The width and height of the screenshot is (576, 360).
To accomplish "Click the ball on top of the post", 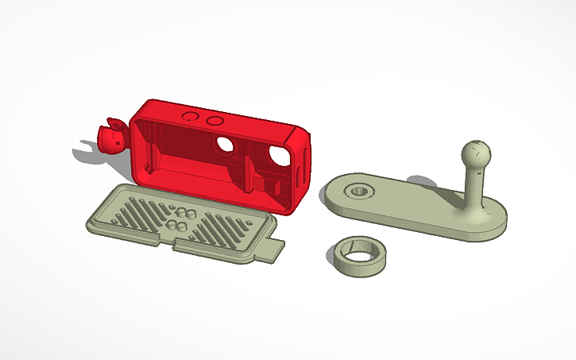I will [x=474, y=151].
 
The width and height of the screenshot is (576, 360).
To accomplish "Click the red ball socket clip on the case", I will [x=111, y=137].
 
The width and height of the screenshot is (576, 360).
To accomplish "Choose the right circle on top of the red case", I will [x=214, y=120].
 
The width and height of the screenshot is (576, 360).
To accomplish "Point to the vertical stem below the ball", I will [x=473, y=185].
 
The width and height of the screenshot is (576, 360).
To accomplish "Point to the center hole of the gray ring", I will [x=360, y=256].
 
